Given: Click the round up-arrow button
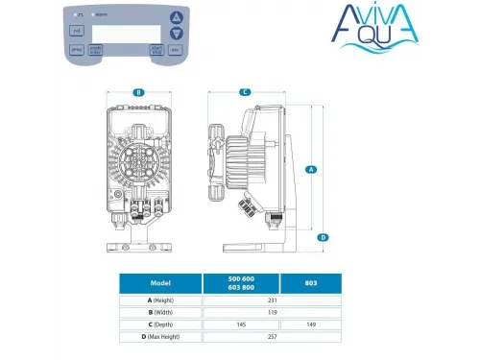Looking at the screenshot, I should click(x=175, y=18).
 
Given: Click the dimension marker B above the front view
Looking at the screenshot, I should click(x=138, y=92).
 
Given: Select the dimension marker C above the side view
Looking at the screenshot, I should click(x=245, y=92).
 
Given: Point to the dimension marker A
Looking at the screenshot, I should click(x=311, y=169).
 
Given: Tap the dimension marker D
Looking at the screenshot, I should click(x=324, y=237).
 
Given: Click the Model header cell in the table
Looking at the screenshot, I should click(x=160, y=283).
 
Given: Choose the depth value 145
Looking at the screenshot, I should click(x=240, y=324).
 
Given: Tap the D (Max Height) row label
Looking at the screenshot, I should click(x=160, y=337).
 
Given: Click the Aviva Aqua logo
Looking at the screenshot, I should click(x=418, y=29).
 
